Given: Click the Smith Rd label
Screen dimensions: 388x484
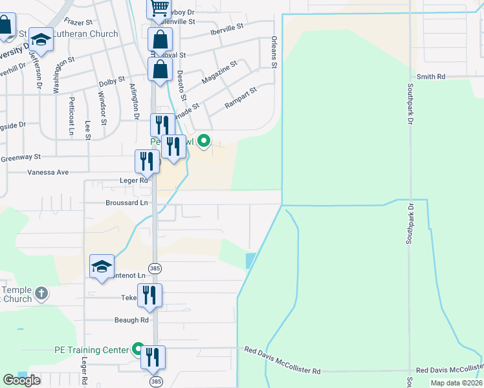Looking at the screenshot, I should pos(431,76).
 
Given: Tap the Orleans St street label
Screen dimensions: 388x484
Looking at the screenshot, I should pos(274,52).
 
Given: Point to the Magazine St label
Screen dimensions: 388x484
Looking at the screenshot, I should pos(219,72).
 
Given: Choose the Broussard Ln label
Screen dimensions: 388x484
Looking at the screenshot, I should pos(127,202).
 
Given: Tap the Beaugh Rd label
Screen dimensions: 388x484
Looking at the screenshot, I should pos(131,320).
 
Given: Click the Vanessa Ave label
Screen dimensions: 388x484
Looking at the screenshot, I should pos(48,173).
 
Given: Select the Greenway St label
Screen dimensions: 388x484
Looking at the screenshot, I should pos(21,157).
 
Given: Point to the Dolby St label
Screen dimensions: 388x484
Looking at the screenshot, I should pos(112,81).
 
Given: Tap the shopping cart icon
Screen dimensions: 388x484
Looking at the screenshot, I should pos(159,8).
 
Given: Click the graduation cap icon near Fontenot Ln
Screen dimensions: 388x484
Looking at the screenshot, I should pos(102,266).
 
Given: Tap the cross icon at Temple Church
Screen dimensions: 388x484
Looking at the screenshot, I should pos(41,294).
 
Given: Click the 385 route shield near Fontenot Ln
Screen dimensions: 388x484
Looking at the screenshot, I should pos(155,268).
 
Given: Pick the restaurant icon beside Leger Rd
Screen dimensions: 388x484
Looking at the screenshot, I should pos(147,161).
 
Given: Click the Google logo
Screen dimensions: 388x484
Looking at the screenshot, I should pos(21,380).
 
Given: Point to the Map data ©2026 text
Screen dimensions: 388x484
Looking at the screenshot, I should pos(456,383).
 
